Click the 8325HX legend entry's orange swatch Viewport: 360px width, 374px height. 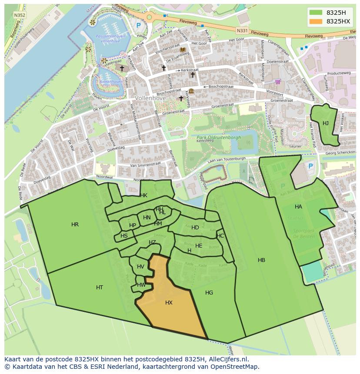coord(316,21)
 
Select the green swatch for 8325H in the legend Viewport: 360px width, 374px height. coord(316,13)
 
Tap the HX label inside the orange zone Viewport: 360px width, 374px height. coord(169,303)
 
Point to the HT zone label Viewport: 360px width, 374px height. coord(100,288)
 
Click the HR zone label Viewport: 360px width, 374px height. coord(75,225)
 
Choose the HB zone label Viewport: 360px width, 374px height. coord(261,260)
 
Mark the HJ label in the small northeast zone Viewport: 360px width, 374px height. coord(326,123)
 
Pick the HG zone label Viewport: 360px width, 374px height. coord(209,293)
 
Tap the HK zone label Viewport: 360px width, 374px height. coord(143,195)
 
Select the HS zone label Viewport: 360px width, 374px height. coord(124,236)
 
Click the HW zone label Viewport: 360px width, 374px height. coord(141,285)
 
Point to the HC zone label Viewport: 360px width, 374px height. coord(220,236)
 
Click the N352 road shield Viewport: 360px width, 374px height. coord(19,15)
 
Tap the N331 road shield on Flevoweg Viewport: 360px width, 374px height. coord(242,30)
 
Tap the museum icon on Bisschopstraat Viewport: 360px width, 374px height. coord(191,91)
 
